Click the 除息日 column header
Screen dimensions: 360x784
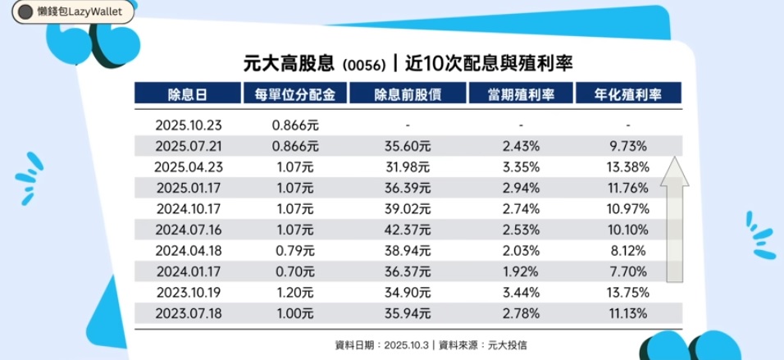click(x=189, y=94)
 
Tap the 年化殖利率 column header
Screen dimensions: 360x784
click(x=628, y=94)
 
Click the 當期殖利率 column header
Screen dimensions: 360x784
click(x=521, y=94)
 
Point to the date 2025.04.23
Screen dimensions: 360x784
click(x=189, y=166)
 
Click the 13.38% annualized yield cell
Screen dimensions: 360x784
click(x=628, y=166)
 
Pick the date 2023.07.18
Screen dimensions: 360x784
click(x=189, y=313)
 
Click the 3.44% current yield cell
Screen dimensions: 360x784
click(x=521, y=292)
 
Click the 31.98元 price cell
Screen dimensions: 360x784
click(x=408, y=166)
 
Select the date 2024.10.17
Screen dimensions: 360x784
click(x=189, y=208)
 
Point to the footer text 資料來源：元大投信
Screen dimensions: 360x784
click(x=485, y=344)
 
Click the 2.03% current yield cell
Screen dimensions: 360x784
click(x=521, y=250)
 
